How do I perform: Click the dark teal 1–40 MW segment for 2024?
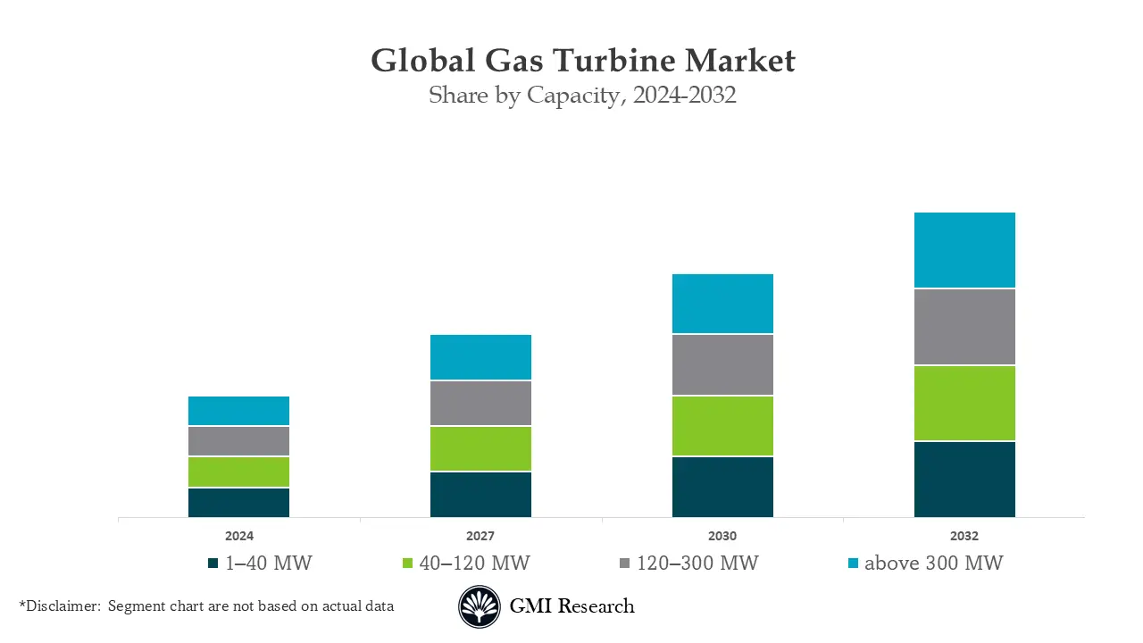click(x=238, y=503)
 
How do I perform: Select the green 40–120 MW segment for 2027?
click(x=480, y=448)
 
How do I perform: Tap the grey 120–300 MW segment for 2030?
click(x=722, y=364)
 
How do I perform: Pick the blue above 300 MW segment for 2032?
click(x=964, y=250)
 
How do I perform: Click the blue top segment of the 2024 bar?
click(x=238, y=411)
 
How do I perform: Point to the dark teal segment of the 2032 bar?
click(x=964, y=480)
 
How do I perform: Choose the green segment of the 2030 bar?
click(x=722, y=426)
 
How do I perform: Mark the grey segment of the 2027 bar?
click(x=480, y=403)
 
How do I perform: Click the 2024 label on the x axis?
click(x=238, y=537)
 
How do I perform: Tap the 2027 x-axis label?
click(x=480, y=537)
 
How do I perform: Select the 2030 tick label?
click(x=722, y=537)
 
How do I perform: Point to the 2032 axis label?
click(x=964, y=537)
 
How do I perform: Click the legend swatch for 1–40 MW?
click(x=213, y=564)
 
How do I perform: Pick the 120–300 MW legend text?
click(x=697, y=564)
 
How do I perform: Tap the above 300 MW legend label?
click(x=933, y=564)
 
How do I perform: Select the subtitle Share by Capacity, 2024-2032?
click(x=582, y=96)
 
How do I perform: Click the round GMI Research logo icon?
click(x=480, y=607)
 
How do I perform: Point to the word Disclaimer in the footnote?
click(x=63, y=606)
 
